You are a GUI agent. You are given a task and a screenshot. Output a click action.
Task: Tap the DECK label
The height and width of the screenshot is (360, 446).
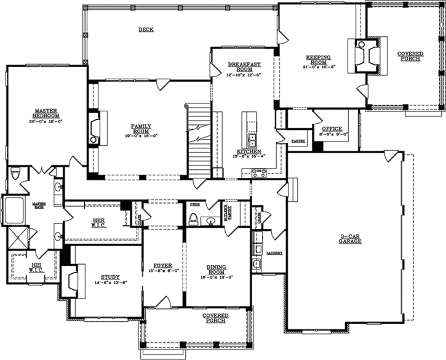point(146,30)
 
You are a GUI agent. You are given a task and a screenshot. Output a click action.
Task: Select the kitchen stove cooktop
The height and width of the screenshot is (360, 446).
point(259,174)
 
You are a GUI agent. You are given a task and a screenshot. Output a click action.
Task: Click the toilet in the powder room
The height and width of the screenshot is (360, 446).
point(194,218)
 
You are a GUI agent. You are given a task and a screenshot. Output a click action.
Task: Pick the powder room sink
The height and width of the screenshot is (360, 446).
point(211,220)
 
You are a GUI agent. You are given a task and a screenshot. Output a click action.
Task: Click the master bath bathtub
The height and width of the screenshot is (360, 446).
point(12,210)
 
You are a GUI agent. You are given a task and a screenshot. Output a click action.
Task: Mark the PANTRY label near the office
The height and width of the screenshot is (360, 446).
point(298,141)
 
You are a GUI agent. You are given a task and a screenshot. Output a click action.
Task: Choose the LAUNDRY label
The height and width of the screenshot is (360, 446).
point(274,253)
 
